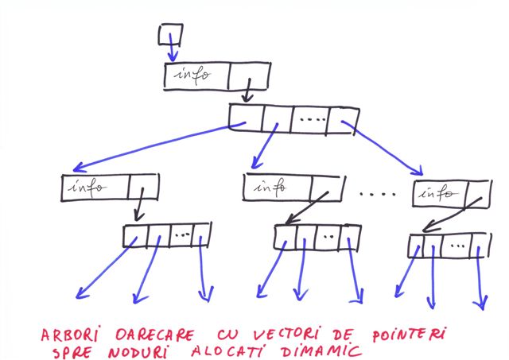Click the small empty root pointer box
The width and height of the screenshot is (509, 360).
(x=171, y=34)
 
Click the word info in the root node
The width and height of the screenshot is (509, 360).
(x=192, y=75)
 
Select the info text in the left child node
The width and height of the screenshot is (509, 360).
(x=87, y=187)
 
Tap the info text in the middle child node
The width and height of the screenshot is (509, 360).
(x=270, y=187)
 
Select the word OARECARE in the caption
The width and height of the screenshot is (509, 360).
(x=155, y=335)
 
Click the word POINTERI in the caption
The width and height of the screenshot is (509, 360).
(x=410, y=334)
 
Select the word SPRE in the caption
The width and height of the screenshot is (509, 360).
(x=72, y=352)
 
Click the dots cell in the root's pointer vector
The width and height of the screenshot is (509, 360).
(x=310, y=119)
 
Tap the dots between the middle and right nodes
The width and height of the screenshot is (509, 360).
(x=378, y=194)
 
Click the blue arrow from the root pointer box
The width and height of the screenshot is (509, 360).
(x=172, y=47)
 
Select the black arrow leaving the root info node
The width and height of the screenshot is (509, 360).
(x=247, y=90)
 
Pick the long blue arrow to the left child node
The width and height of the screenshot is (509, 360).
(x=159, y=146)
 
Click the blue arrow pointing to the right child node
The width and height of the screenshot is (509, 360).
(x=383, y=148)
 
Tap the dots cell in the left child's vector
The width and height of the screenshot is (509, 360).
(x=181, y=234)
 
